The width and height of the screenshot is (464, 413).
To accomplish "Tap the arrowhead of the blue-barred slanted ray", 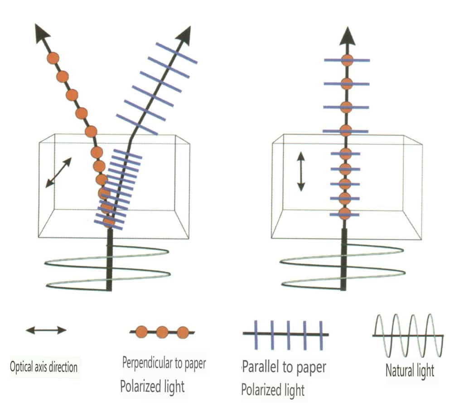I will point(185,34).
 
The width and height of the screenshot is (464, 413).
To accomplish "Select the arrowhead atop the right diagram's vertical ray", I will point(347,36).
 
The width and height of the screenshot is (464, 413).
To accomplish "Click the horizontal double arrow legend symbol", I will point(46,330).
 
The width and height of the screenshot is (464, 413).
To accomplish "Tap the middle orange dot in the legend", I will point(162,332).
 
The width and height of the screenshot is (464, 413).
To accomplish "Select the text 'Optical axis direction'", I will point(43,366).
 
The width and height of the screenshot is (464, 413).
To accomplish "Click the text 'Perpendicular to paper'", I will point(164,363).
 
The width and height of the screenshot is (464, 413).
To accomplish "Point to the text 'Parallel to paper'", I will point(284,366).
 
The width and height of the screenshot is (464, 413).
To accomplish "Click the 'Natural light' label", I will point(410,370).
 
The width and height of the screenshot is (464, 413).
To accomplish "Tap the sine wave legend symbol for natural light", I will point(407,336).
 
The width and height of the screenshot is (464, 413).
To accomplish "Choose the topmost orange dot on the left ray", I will point(53,58).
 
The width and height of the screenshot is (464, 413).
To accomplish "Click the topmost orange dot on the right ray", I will point(347,60).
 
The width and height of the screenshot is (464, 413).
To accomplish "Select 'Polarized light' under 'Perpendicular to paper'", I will point(152,387).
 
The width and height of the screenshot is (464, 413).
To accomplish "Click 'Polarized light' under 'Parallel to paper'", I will point(273,389).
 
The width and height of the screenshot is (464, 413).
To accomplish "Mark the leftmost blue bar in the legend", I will point(256,335).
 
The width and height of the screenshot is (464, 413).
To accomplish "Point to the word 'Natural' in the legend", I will point(397,370).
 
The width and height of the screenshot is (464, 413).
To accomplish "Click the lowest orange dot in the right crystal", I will point(345,214).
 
